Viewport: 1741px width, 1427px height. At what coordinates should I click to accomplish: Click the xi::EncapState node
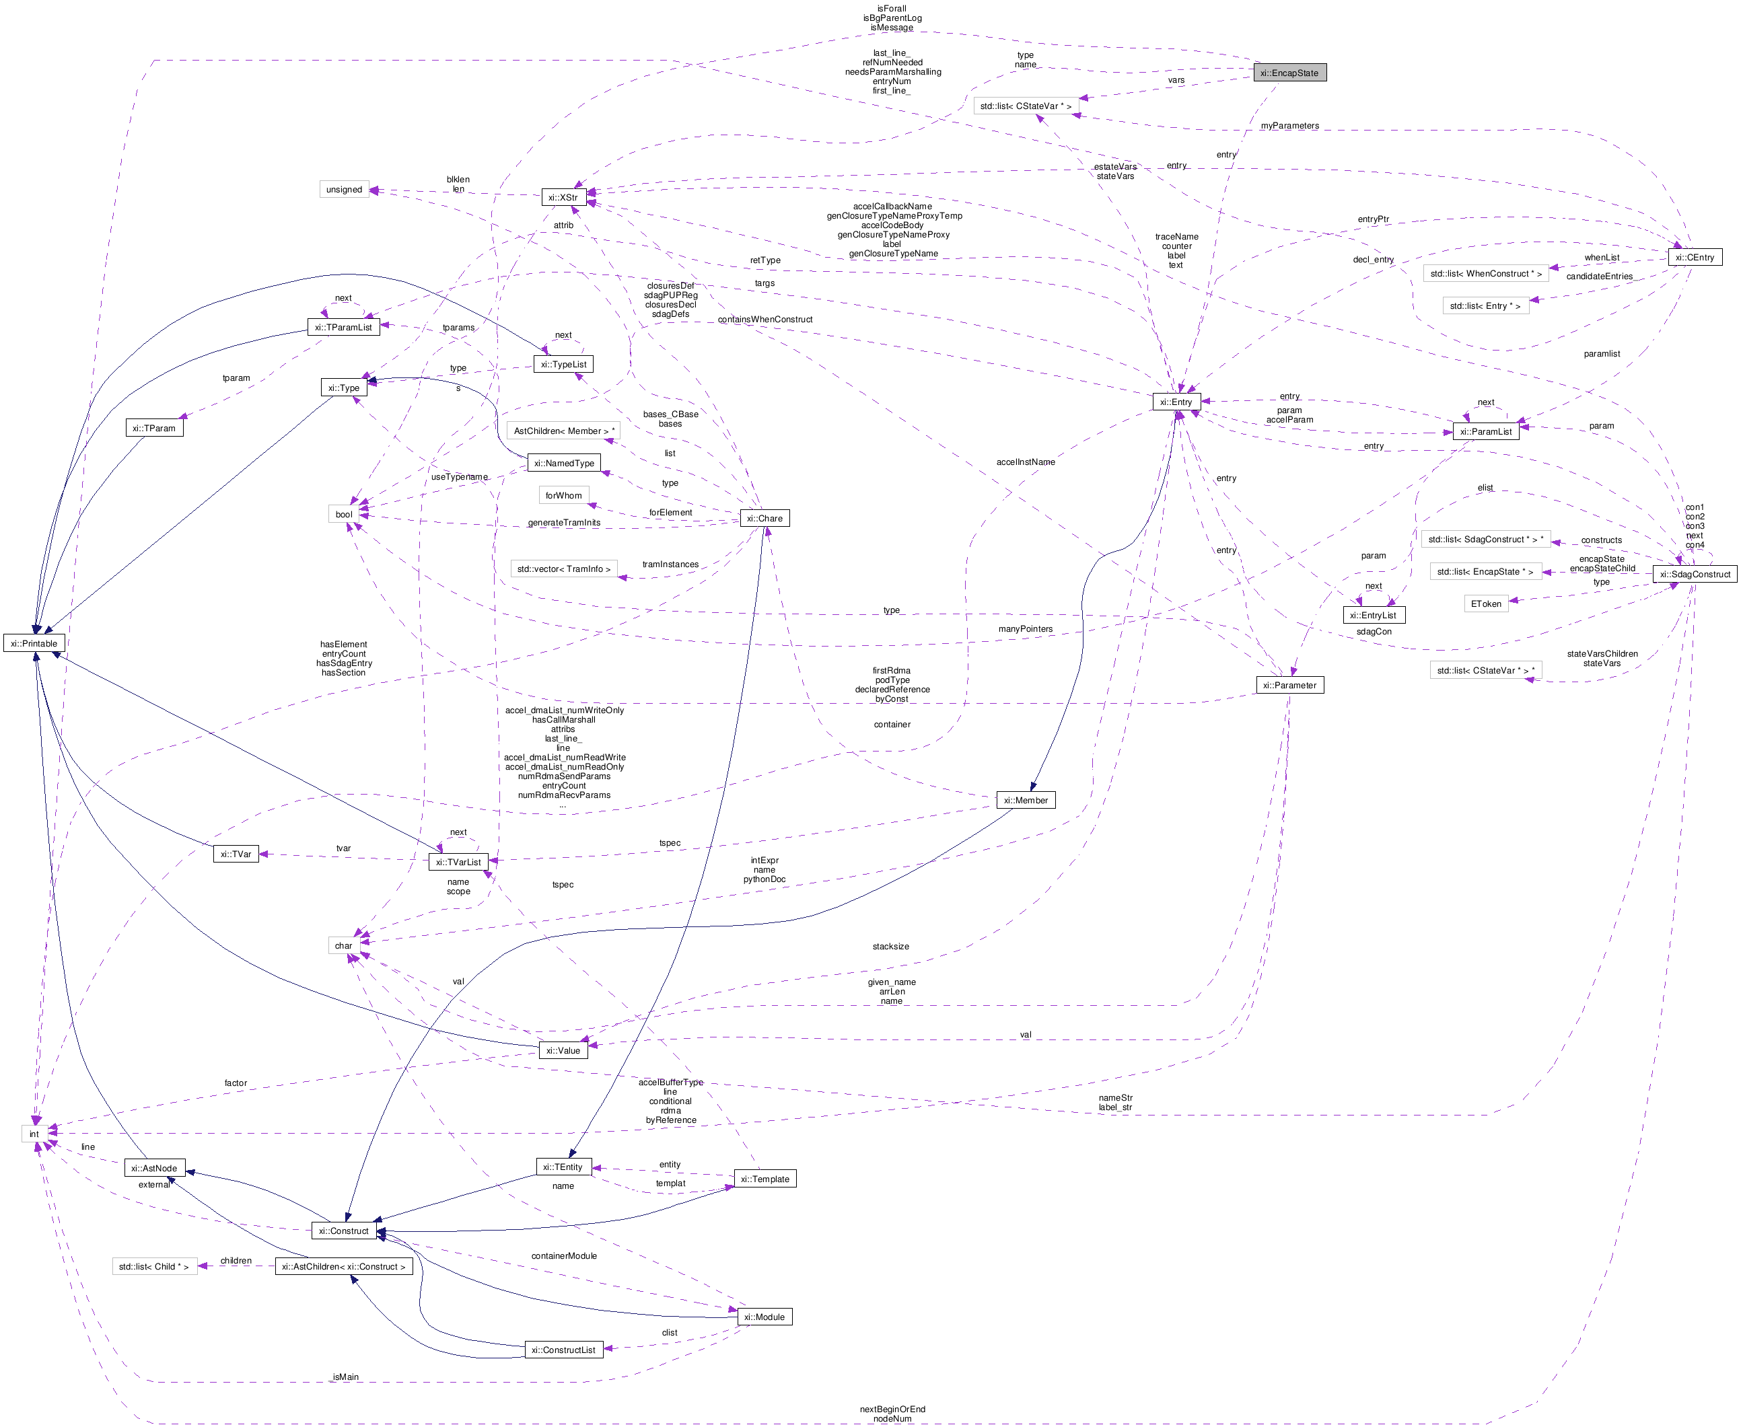click(1289, 73)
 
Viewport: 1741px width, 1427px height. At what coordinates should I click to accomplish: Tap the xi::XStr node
click(563, 197)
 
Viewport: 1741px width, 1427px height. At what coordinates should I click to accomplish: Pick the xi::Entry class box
click(1176, 402)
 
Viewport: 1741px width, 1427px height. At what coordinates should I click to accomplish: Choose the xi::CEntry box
click(1694, 257)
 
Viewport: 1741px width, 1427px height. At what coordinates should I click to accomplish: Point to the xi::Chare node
click(765, 518)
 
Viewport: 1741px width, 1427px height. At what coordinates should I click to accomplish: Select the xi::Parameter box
click(1289, 685)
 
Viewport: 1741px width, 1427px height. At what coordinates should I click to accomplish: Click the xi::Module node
click(765, 1317)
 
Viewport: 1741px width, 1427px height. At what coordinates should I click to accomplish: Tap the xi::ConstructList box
click(563, 1350)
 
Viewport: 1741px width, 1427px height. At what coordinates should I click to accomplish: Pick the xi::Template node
click(765, 1179)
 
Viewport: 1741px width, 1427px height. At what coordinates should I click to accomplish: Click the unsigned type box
click(344, 189)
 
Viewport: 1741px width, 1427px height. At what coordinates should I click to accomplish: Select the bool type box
click(344, 515)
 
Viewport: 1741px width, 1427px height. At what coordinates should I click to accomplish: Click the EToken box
click(1485, 603)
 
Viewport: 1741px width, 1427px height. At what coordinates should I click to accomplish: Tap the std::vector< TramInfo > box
click(563, 569)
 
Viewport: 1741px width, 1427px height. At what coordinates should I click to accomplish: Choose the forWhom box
click(563, 496)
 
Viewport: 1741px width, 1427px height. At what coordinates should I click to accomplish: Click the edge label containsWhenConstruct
click(765, 319)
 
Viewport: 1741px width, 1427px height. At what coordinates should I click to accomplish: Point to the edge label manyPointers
click(1025, 629)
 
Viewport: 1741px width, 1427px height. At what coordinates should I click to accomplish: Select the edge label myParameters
click(1289, 126)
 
